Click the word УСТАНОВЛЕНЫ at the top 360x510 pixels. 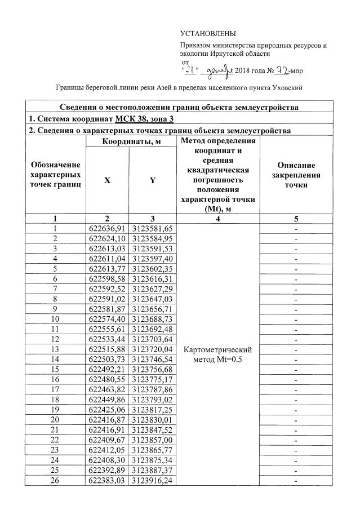208,34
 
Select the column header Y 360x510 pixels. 152,180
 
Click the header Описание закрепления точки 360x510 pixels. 296,175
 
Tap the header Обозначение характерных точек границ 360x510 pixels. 55,174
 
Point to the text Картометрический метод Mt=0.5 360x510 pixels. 217,354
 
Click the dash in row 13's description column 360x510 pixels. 296,349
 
